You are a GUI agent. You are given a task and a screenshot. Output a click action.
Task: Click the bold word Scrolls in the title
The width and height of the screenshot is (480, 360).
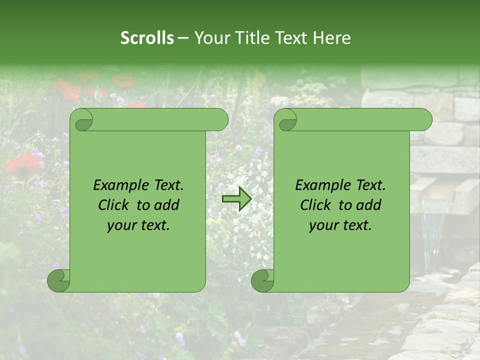tap(147, 38)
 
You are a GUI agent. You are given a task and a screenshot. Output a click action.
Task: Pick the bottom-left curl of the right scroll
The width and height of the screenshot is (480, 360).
tap(263, 280)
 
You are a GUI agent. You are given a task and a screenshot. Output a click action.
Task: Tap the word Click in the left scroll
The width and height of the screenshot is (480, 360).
tap(113, 205)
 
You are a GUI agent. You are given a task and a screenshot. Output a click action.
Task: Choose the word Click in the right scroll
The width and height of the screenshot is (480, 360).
tap(315, 205)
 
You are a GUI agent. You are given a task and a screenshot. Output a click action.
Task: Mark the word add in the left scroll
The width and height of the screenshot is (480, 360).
tap(167, 205)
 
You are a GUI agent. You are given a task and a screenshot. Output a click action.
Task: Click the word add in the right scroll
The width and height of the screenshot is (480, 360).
tap(369, 205)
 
